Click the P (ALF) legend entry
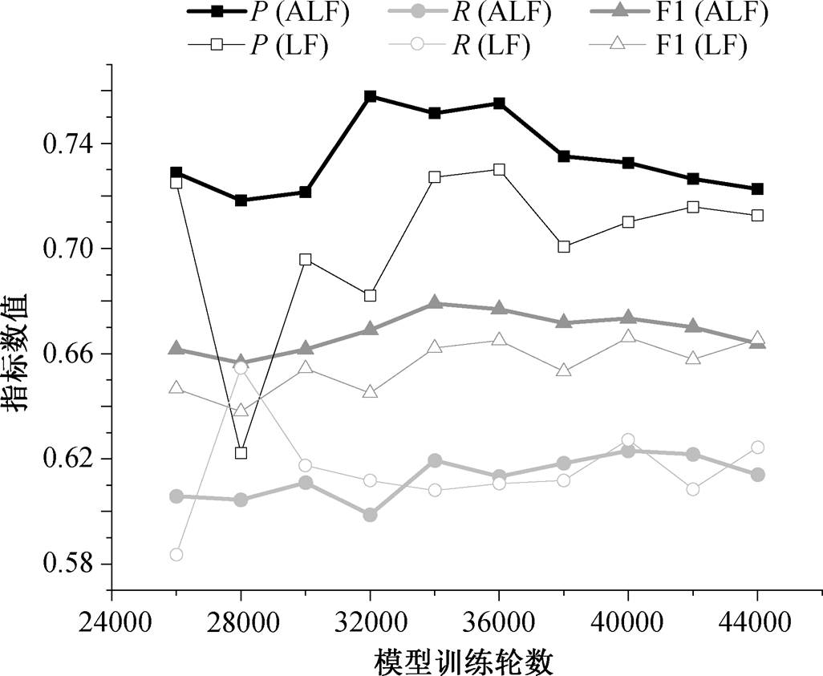[268, 14]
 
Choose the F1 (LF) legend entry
[668, 45]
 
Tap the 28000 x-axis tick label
[241, 624]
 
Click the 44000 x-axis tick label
[757, 624]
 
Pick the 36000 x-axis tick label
[499, 624]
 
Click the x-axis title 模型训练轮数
[464, 662]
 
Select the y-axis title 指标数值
[18, 353]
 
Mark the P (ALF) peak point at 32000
[370, 96]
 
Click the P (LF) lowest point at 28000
[241, 452]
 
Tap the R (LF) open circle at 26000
[176, 554]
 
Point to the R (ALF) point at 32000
[370, 515]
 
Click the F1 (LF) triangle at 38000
[564, 370]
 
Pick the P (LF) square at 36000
[499, 169]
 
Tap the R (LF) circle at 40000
[628, 439]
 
